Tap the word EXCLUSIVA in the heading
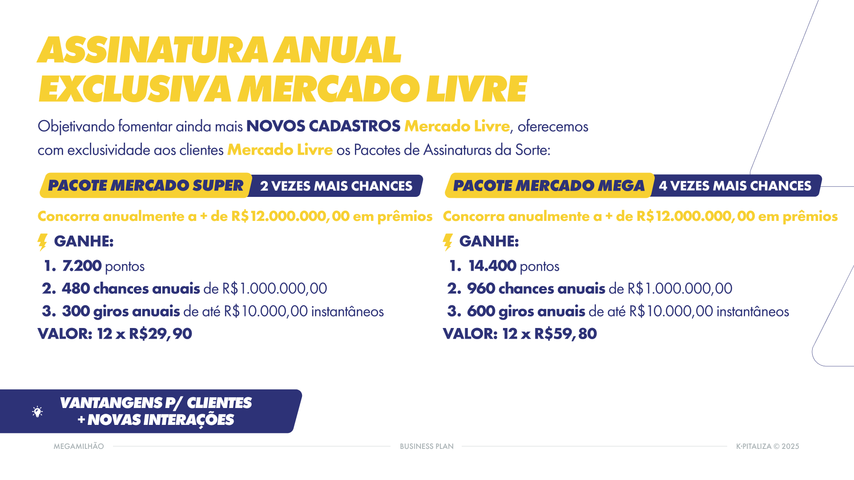pos(135,89)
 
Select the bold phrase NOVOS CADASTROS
pos(323,126)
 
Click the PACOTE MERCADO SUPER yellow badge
pos(145,185)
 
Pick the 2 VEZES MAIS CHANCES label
pos(336,186)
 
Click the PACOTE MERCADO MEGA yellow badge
pos(549,185)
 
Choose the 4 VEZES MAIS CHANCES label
pos(735,186)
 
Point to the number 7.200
pos(82,266)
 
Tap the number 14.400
pos(492,266)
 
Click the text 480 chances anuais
pos(131,288)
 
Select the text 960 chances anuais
pos(536,288)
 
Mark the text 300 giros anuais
pos(121,311)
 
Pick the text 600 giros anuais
pos(526,311)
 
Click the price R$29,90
pos(161,334)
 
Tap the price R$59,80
pos(565,334)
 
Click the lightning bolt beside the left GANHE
pos(43,242)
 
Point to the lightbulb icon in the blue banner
pos(38,412)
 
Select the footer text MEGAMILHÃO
pos(79,446)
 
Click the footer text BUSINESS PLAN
pos(427,446)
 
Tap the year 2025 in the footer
pos(790,446)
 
